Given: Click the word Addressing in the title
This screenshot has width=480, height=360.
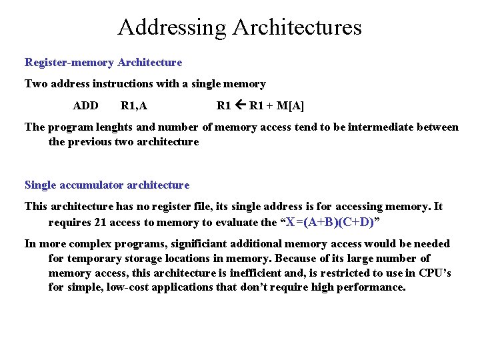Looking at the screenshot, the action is pyautogui.click(x=173, y=27).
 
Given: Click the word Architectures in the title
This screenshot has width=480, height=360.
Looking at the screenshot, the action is pyautogui.click(x=297, y=27).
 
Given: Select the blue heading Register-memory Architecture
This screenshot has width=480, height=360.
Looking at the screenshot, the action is pyautogui.click(x=103, y=62).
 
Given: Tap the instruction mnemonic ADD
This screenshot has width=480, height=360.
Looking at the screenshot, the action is pyautogui.click(x=86, y=105).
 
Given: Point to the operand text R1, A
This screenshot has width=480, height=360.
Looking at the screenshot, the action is pyautogui.click(x=134, y=105).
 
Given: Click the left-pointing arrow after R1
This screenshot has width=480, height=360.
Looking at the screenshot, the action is pyautogui.click(x=240, y=105).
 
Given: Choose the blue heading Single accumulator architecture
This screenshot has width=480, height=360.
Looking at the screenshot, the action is pyautogui.click(x=107, y=185).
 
